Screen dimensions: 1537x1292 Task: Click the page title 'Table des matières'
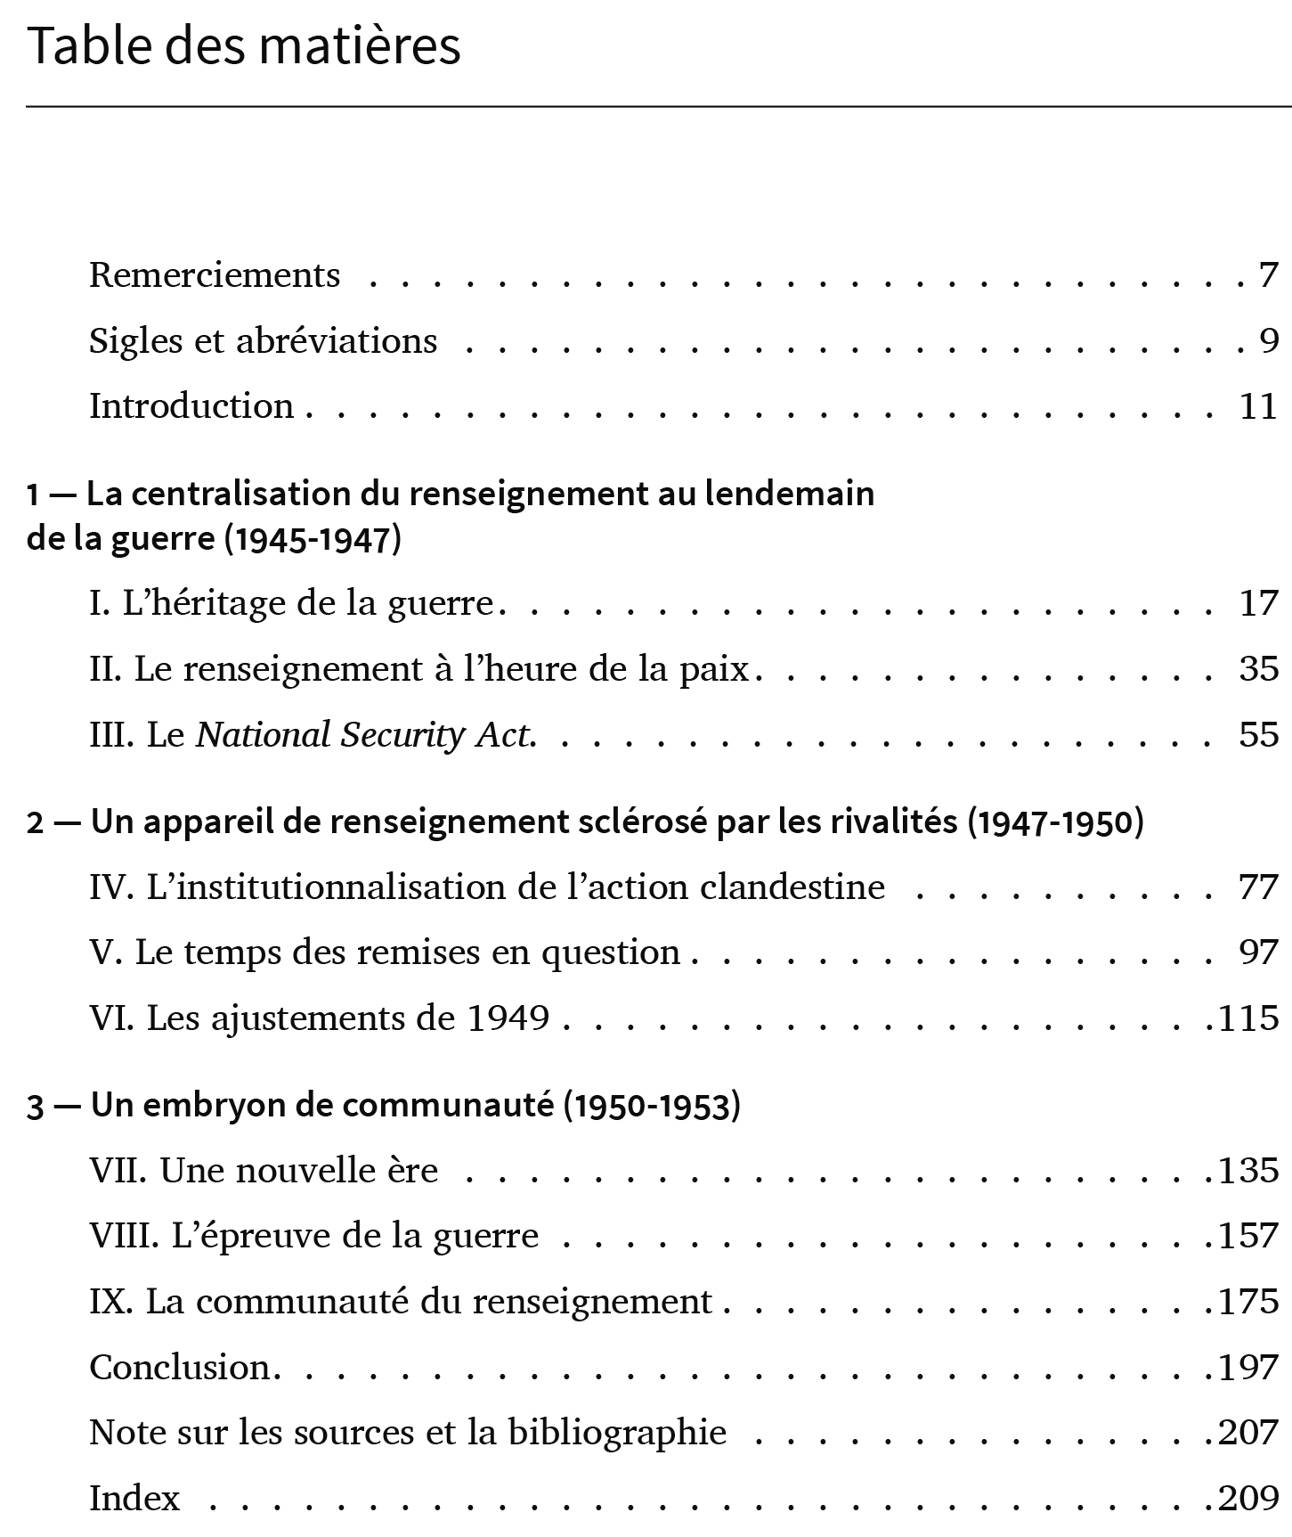click(244, 47)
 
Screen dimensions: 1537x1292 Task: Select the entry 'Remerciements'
click(215, 275)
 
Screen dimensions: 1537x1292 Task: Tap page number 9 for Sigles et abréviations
click(1269, 340)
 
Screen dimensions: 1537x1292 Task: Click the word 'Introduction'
click(191, 406)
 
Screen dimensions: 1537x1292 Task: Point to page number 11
click(1258, 406)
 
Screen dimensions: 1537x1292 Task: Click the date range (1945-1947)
click(313, 540)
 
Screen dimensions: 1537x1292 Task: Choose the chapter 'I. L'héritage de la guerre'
click(291, 604)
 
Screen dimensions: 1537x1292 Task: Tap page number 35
click(1258, 669)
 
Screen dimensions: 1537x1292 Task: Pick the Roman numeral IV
click(111, 887)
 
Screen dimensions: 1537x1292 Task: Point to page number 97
click(1258, 952)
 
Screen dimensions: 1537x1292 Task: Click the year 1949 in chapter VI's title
click(508, 1018)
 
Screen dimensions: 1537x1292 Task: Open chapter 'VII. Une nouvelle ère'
click(264, 1171)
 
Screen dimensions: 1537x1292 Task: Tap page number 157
click(1248, 1236)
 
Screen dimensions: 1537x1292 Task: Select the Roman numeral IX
click(110, 1302)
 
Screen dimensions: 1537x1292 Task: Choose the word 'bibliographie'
click(617, 1433)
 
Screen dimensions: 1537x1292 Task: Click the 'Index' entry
click(134, 1498)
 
